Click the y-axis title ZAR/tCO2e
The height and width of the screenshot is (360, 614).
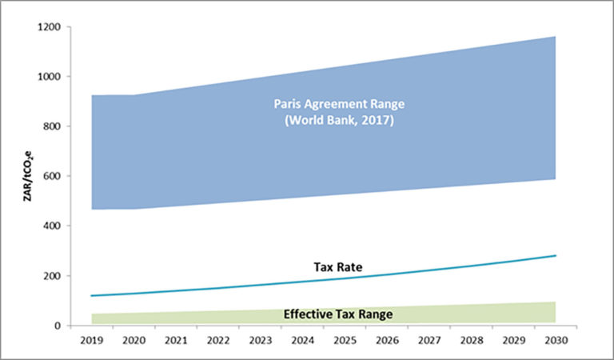pos(29,176)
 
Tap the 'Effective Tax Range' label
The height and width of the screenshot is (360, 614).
pos(338,314)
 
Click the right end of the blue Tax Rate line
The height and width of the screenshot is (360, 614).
pos(555,256)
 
